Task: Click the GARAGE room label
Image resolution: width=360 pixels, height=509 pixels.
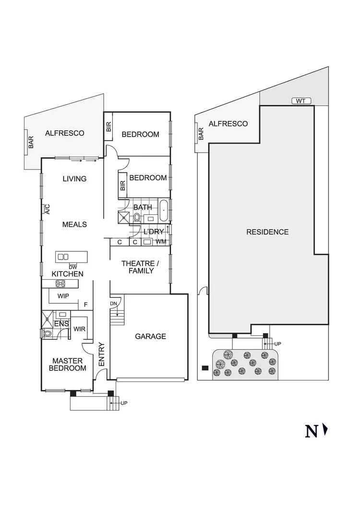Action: pyautogui.click(x=150, y=336)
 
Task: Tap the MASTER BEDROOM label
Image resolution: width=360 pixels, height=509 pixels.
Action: pyautogui.click(x=68, y=364)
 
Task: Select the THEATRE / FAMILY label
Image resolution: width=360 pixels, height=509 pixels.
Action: pyautogui.click(x=138, y=267)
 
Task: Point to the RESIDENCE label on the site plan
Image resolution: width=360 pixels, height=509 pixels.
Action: pyautogui.click(x=267, y=232)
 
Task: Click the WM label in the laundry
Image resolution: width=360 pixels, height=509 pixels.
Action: pyautogui.click(x=161, y=242)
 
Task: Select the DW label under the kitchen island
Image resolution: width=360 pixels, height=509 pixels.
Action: pyautogui.click(x=73, y=267)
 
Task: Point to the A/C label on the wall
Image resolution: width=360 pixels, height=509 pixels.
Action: pyautogui.click(x=47, y=209)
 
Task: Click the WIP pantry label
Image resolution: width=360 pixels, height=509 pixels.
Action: pyautogui.click(x=63, y=296)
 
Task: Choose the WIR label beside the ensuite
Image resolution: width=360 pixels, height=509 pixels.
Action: pyautogui.click(x=80, y=329)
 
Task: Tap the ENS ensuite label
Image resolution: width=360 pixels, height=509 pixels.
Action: pyautogui.click(x=62, y=325)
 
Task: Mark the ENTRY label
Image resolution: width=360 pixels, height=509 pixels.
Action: pyautogui.click(x=102, y=355)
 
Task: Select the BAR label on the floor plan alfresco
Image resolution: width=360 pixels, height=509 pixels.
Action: pyautogui.click(x=31, y=142)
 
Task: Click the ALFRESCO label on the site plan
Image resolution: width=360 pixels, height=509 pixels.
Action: pyautogui.click(x=228, y=124)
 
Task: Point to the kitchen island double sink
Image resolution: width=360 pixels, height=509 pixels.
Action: pyautogui.click(x=63, y=257)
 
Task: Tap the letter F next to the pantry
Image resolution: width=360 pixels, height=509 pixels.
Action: pyautogui.click(x=85, y=305)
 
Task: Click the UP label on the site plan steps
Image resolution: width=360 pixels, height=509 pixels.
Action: pyautogui.click(x=277, y=343)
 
